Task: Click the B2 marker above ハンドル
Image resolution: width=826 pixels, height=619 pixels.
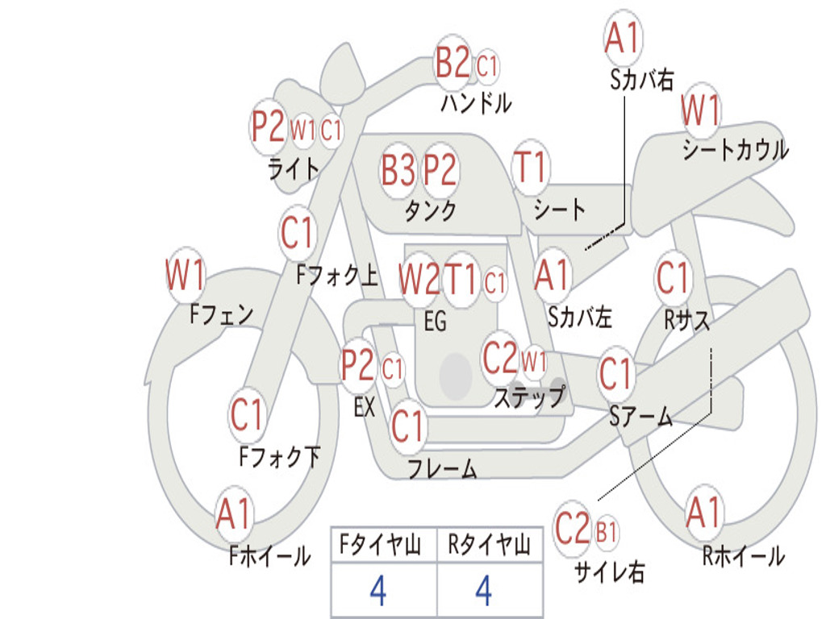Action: [453, 62]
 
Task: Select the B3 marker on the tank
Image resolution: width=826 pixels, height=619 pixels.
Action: [398, 170]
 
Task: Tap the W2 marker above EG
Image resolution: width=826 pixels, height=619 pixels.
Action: [419, 279]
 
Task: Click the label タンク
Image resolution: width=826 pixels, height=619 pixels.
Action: [430, 210]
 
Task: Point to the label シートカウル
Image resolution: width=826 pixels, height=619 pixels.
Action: [735, 150]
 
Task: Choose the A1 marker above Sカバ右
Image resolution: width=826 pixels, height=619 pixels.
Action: [622, 38]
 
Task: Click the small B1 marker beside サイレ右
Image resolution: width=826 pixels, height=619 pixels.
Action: [607, 532]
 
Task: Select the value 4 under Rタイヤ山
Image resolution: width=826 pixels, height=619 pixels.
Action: [483, 591]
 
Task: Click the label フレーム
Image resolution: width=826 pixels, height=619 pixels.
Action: [441, 468]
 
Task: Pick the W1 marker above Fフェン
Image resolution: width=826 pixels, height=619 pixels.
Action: [186, 276]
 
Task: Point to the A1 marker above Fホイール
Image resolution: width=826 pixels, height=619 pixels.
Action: [234, 513]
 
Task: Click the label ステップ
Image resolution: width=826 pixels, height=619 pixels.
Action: [529, 397]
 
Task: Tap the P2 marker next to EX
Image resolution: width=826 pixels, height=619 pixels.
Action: [358, 367]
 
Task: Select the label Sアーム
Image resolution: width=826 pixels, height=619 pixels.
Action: [640, 416]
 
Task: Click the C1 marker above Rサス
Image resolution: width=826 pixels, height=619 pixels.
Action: [673, 278]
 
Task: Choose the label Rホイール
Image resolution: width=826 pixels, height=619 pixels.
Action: [743, 556]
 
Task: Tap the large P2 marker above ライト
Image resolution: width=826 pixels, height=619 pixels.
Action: [268, 127]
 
